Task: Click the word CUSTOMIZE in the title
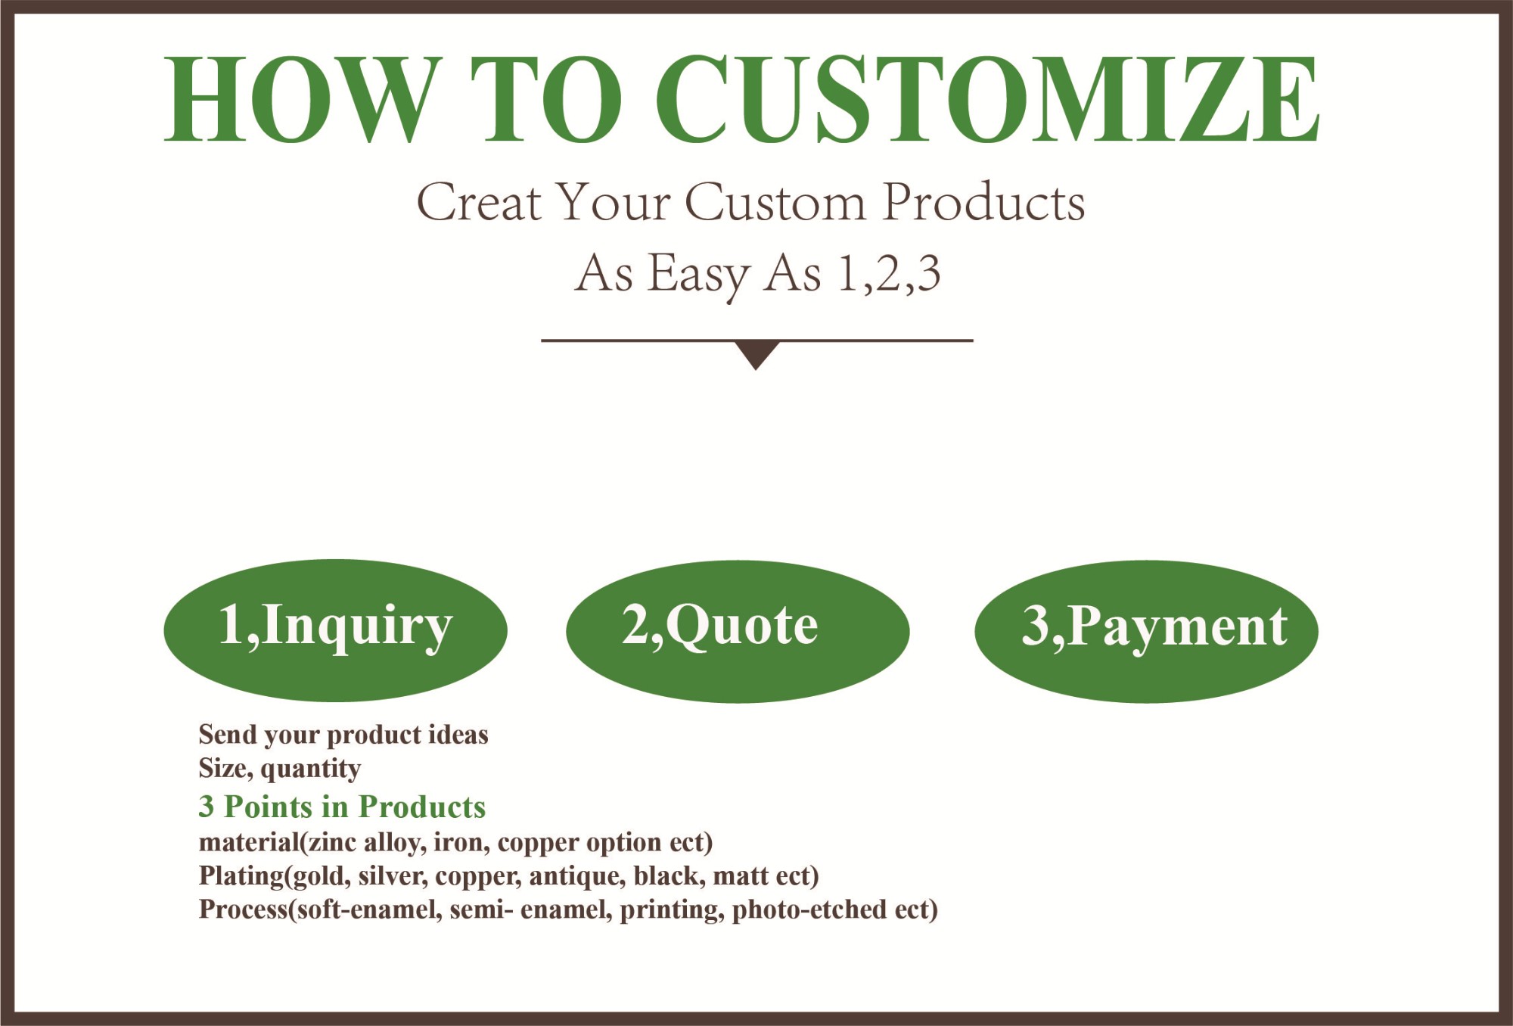(987, 99)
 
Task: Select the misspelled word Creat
(478, 202)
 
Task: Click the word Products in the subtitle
(984, 202)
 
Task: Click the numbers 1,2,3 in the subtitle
(889, 273)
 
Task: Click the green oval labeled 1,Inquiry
(335, 630)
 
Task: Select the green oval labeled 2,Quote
(738, 632)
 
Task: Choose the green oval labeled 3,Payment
(1146, 632)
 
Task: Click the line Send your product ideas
(343, 735)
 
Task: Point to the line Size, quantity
(280, 769)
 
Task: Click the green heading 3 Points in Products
(342, 807)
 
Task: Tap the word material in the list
(250, 842)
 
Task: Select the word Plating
(241, 876)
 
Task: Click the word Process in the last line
(244, 909)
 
